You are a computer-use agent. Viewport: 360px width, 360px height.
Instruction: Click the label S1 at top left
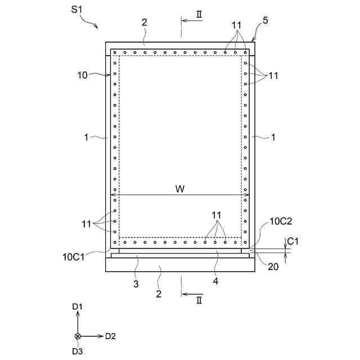(76, 10)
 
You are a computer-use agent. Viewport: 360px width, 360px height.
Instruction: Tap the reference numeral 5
(265, 20)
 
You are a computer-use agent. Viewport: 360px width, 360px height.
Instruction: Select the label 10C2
(281, 221)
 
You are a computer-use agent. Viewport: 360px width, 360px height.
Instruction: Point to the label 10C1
(74, 257)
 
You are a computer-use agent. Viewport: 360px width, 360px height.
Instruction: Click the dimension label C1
(292, 241)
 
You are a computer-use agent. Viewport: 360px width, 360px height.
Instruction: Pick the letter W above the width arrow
(180, 189)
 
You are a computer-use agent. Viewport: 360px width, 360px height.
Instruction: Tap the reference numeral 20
(273, 267)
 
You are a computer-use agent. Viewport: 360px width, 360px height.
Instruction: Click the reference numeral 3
(136, 284)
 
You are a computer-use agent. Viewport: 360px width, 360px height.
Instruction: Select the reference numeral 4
(215, 281)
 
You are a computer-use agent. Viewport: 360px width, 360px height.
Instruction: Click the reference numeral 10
(83, 75)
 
